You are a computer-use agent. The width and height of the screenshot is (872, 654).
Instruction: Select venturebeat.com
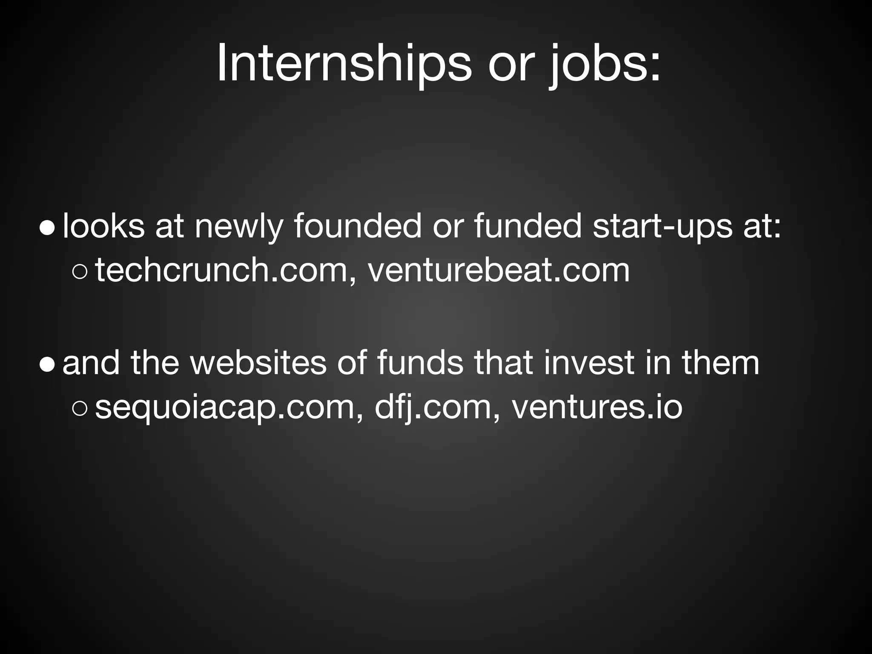pyautogui.click(x=498, y=270)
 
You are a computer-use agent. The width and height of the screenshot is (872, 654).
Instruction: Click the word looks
pyautogui.click(x=103, y=226)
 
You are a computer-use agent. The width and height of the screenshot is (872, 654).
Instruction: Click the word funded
pyautogui.click(x=528, y=226)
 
